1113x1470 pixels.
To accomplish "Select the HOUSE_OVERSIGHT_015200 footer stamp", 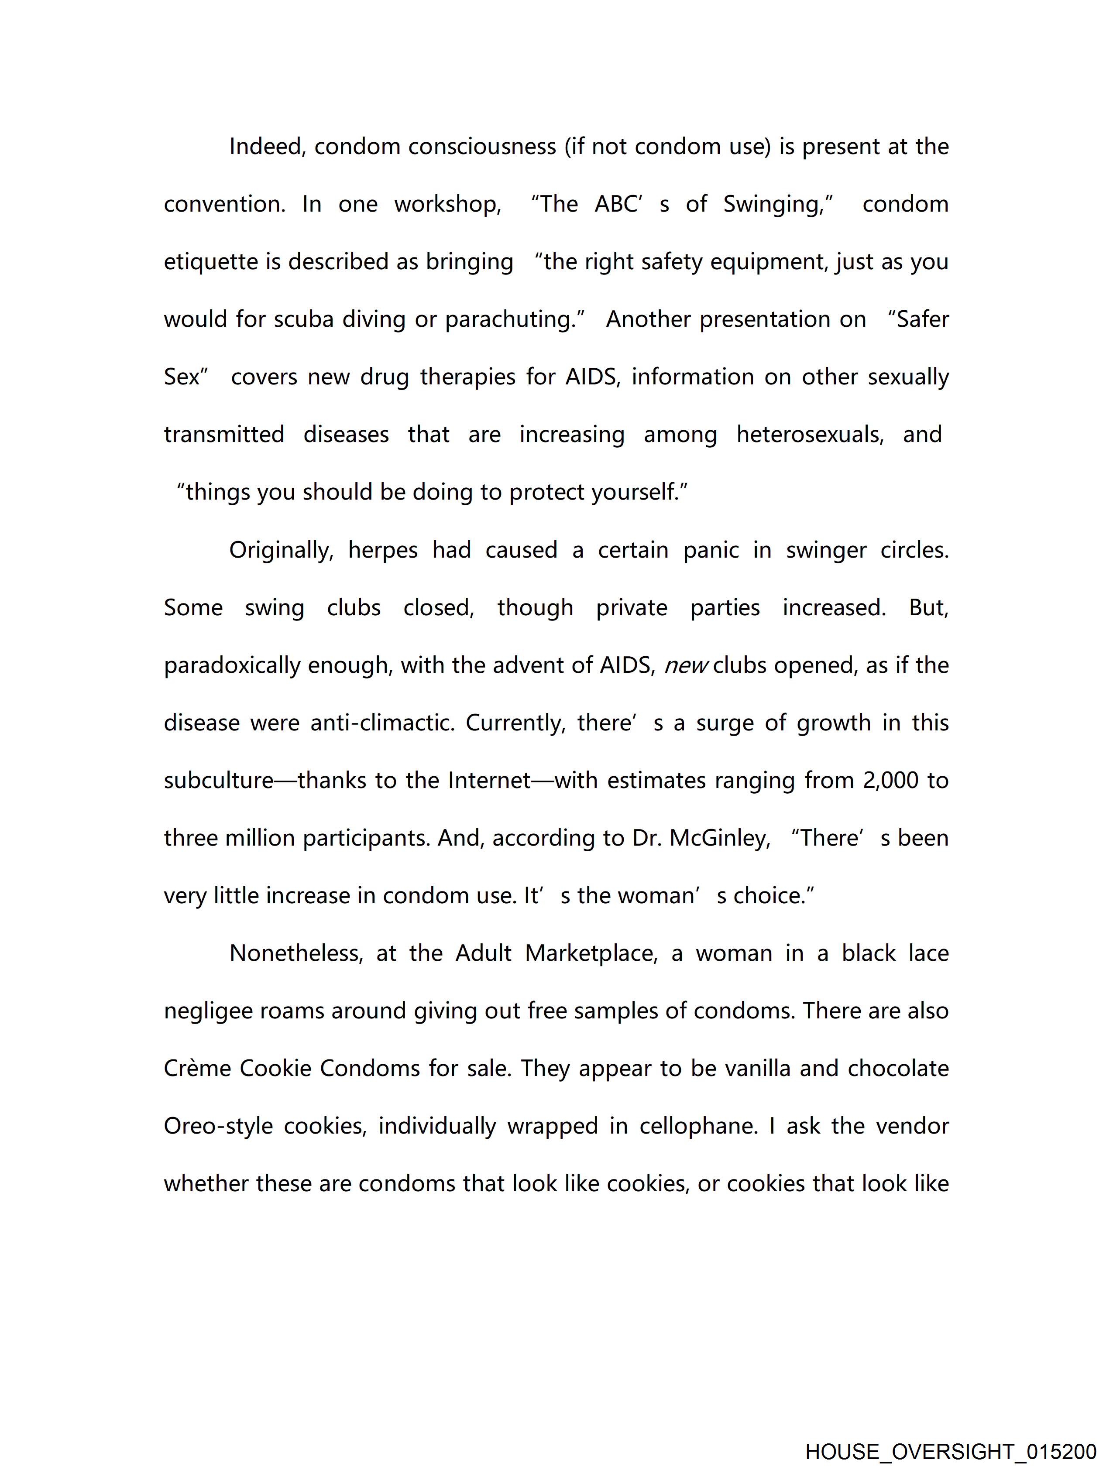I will [950, 1452].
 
